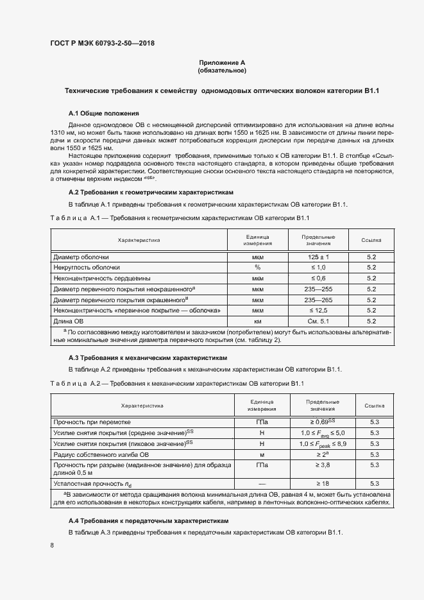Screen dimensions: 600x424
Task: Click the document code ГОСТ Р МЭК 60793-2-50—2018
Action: click(x=102, y=44)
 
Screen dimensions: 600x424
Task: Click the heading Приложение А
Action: click(x=222, y=62)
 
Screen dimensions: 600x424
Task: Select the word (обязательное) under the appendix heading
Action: click(x=222, y=70)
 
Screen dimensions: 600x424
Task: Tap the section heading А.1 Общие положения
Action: click(x=99, y=112)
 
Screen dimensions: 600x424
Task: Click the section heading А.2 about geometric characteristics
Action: click(x=151, y=193)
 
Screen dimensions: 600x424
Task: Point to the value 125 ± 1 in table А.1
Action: click(x=318, y=257)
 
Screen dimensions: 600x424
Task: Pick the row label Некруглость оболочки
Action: click(x=87, y=268)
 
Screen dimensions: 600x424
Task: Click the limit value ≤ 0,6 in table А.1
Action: click(x=318, y=279)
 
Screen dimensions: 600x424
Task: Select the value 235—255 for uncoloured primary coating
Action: click(x=318, y=289)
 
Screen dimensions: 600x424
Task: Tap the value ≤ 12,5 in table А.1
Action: click(x=318, y=310)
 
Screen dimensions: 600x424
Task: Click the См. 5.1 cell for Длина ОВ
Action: click(x=318, y=321)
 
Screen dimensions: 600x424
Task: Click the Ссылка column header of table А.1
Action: click(x=371, y=240)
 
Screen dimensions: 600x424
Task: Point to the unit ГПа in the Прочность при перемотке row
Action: click(x=262, y=422)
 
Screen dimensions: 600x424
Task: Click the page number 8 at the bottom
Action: click(x=52, y=545)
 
